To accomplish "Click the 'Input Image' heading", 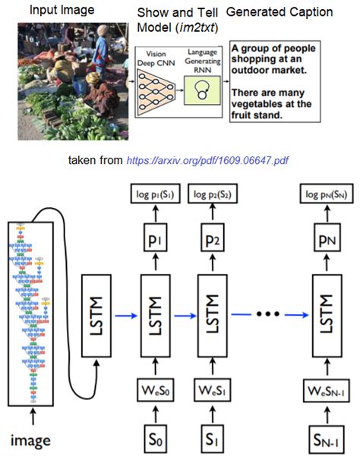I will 40,10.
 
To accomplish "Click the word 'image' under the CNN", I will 30,440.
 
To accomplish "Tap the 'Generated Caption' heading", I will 269,13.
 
